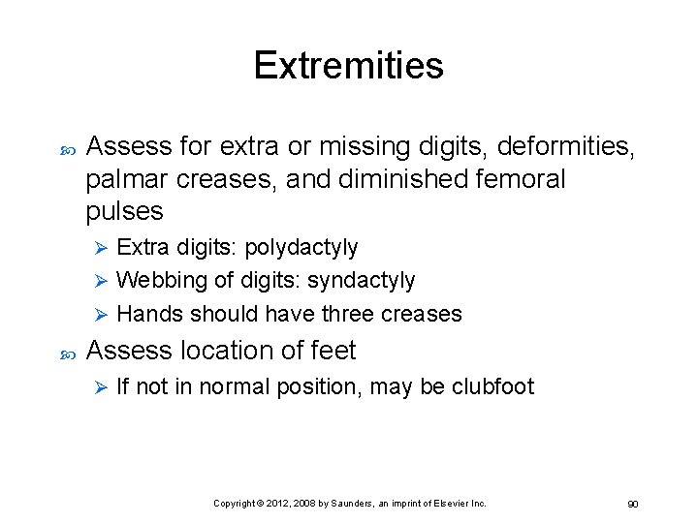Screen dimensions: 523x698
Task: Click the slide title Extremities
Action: coord(348,66)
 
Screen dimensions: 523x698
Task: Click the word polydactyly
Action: coord(301,248)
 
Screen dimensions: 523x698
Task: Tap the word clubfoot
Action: coord(492,387)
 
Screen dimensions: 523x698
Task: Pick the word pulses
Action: coord(125,211)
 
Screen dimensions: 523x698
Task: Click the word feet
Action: coord(332,351)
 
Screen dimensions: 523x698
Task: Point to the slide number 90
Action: coord(632,505)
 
